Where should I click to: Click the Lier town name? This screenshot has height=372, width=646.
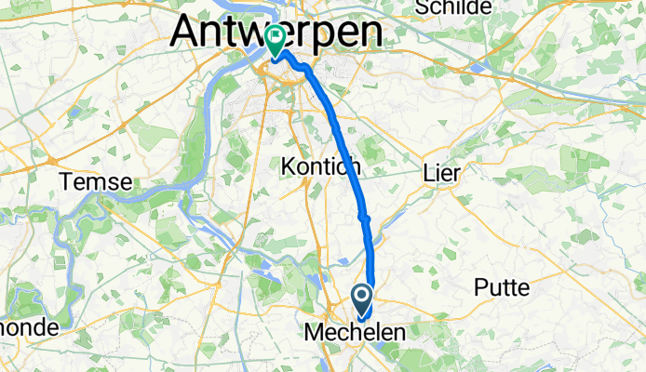coord(441,173)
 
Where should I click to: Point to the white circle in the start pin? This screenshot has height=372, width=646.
coord(361,297)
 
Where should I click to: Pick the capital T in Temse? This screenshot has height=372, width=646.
coord(66,181)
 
